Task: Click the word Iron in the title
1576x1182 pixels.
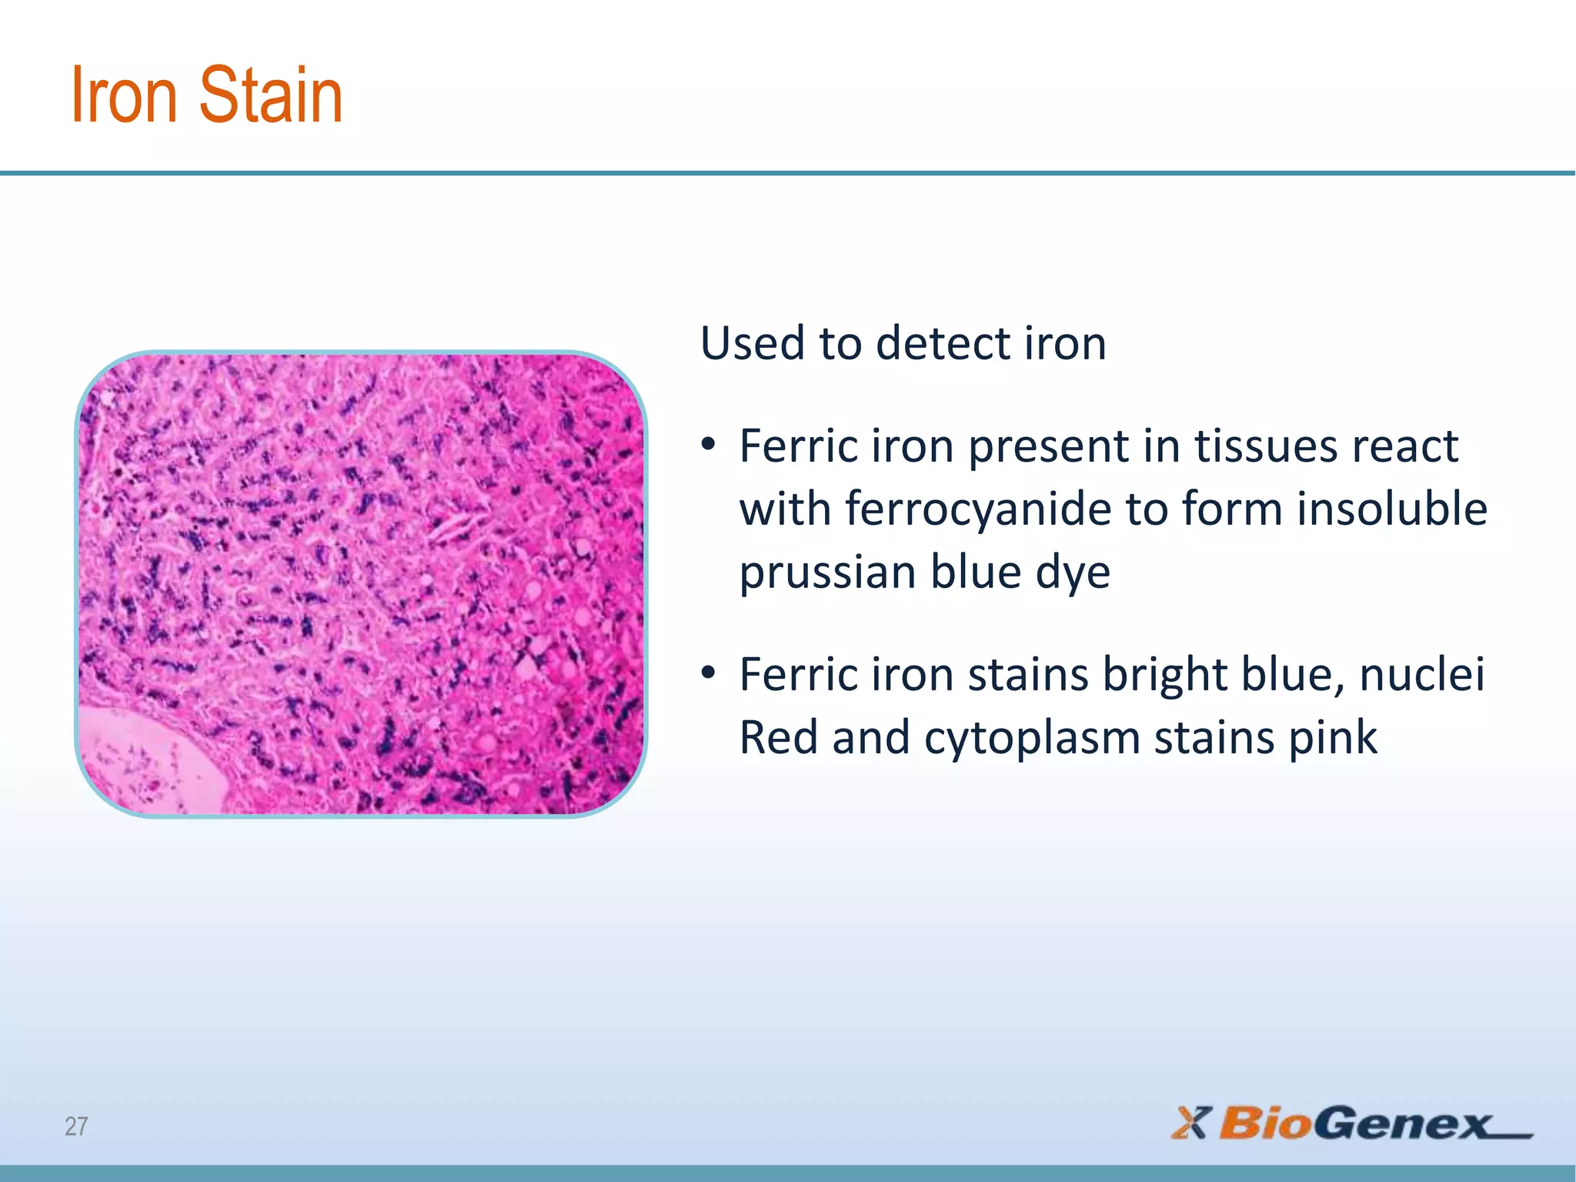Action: pos(123,95)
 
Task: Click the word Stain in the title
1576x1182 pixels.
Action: pos(271,95)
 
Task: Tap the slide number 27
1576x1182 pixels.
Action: pos(76,1127)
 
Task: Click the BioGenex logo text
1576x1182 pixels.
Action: pos(1354,1124)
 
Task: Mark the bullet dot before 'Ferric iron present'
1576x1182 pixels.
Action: pos(708,446)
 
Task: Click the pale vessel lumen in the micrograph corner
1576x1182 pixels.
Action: pos(146,758)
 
